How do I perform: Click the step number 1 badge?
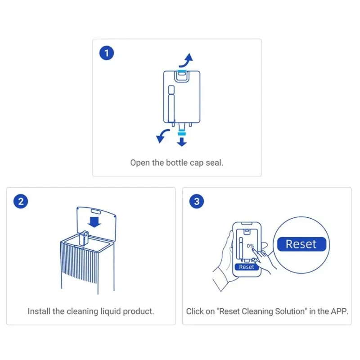pos(107,54)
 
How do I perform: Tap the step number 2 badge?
pos(21,201)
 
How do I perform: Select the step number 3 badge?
pos(197,201)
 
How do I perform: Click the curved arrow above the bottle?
pos(186,60)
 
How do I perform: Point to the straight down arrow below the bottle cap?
pos(181,141)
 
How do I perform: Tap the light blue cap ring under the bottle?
pos(181,132)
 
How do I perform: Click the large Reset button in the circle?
pos(301,244)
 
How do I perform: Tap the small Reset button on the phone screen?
pos(246,267)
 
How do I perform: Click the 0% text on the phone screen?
pos(250,247)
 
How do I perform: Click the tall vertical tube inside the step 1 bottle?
pos(170,103)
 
